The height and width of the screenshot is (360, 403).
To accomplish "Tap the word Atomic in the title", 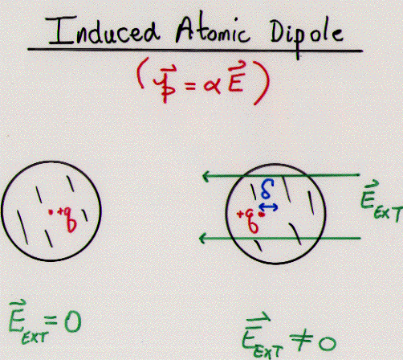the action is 212,31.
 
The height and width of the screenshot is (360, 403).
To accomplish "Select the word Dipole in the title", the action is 307,36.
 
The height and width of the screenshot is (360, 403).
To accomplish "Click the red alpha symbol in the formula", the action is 212,86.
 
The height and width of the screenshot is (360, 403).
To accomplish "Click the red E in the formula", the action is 236,79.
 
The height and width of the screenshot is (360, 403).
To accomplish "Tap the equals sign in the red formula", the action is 190,86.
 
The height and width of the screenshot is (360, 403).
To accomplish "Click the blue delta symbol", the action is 267,189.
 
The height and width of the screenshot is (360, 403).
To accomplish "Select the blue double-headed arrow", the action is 268,207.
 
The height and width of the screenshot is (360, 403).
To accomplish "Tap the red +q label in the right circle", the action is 248,221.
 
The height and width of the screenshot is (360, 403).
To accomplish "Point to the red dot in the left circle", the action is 50,212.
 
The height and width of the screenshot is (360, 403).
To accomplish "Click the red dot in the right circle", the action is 263,215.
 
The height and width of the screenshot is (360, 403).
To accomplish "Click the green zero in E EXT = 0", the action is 72,321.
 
